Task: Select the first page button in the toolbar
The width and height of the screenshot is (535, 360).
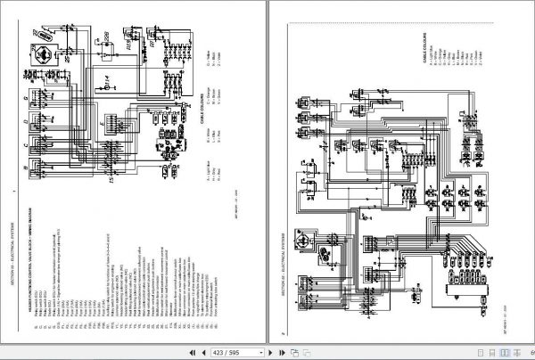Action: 186,352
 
